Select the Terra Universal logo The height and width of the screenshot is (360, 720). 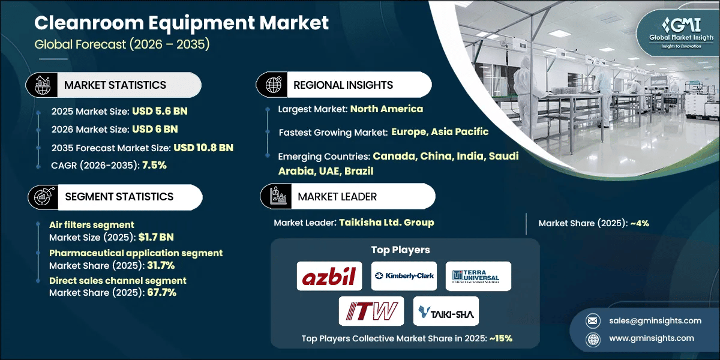tap(478, 276)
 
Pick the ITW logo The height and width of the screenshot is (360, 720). tap(367, 311)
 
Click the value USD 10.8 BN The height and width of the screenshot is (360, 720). tap(203, 148)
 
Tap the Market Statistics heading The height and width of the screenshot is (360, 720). tap(115, 85)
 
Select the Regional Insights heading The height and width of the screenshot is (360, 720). tap(343, 85)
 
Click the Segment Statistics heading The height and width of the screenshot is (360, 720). tap(119, 196)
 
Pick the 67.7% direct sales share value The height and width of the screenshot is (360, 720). tap(161, 292)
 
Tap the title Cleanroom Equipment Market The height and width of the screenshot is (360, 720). tap(181, 23)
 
